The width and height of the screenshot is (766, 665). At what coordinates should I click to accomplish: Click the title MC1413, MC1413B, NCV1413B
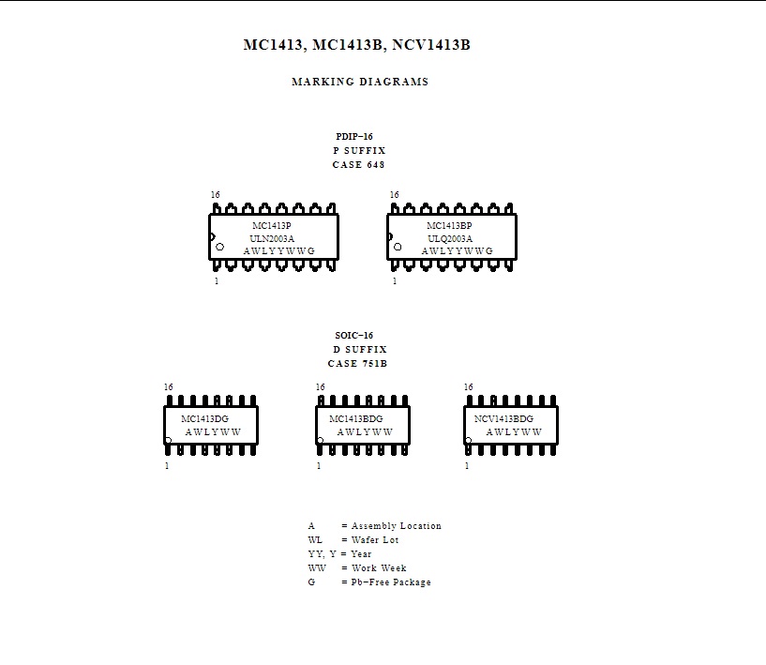pyautogui.click(x=356, y=45)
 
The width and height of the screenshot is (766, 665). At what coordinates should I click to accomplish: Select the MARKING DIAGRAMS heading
pyautogui.click(x=360, y=82)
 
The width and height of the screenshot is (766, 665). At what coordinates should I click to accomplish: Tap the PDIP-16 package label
pyautogui.click(x=354, y=136)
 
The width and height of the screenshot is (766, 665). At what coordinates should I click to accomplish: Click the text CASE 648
pyautogui.click(x=358, y=165)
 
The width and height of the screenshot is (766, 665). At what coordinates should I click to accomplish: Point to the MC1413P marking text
pyautogui.click(x=272, y=225)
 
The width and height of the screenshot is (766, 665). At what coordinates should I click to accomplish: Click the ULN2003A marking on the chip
pyautogui.click(x=272, y=238)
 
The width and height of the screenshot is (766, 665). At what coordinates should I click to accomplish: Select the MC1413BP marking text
pyautogui.click(x=449, y=225)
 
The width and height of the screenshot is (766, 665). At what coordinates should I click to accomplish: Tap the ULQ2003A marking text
pyautogui.click(x=450, y=238)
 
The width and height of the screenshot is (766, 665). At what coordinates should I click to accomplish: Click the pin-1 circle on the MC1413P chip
pyautogui.click(x=219, y=247)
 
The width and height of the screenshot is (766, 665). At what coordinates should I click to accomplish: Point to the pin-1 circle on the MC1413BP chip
pyautogui.click(x=398, y=247)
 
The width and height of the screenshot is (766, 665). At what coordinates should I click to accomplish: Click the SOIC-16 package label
pyautogui.click(x=354, y=335)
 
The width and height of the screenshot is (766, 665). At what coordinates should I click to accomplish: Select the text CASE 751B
pyautogui.click(x=357, y=364)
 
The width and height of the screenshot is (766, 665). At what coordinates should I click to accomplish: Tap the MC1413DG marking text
pyautogui.click(x=204, y=418)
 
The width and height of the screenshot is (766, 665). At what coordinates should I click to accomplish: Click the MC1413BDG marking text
pyautogui.click(x=356, y=418)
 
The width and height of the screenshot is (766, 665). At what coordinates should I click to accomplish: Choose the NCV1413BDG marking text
pyautogui.click(x=503, y=418)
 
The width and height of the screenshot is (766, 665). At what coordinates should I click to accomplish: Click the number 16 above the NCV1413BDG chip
pyautogui.click(x=469, y=387)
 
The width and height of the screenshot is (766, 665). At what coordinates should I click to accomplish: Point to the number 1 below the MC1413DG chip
pyautogui.click(x=167, y=465)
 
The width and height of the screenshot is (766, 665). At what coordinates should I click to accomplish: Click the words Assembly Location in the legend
pyautogui.click(x=397, y=526)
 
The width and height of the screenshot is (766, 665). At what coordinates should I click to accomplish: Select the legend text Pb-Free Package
pyautogui.click(x=391, y=582)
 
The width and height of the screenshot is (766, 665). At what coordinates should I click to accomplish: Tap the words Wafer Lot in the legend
pyautogui.click(x=375, y=540)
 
